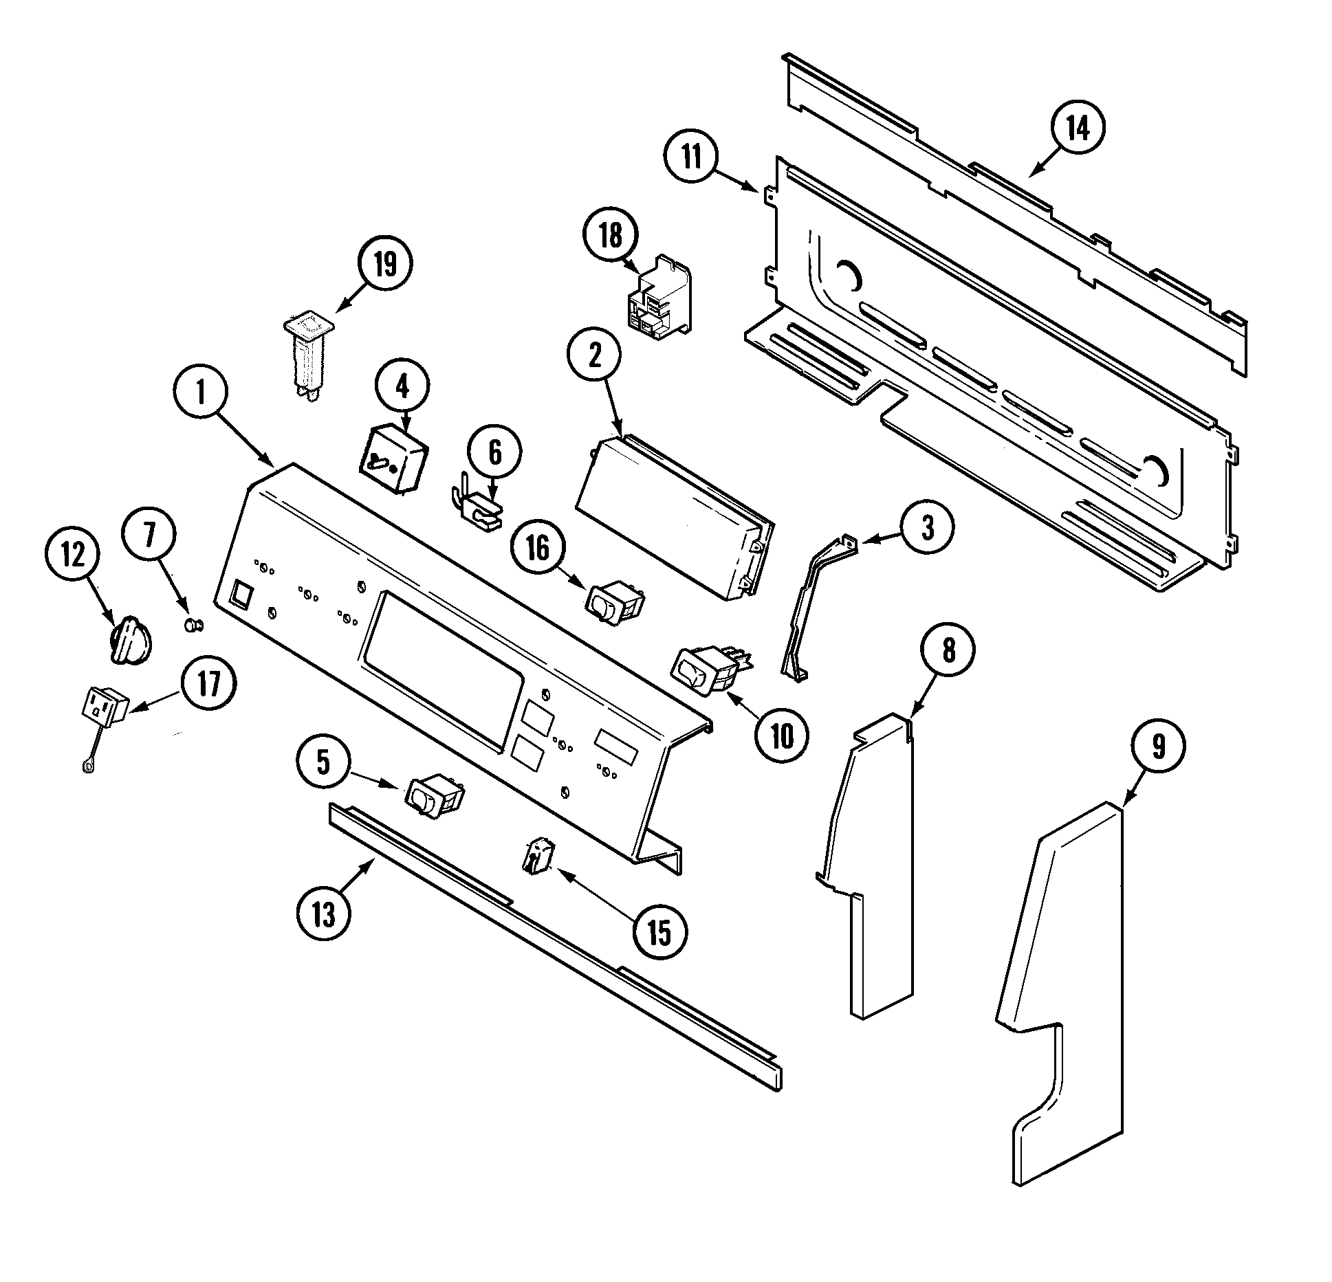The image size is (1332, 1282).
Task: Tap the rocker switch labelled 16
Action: (614, 604)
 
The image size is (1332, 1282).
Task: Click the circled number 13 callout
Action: (323, 914)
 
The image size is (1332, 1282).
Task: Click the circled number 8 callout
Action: (948, 650)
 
